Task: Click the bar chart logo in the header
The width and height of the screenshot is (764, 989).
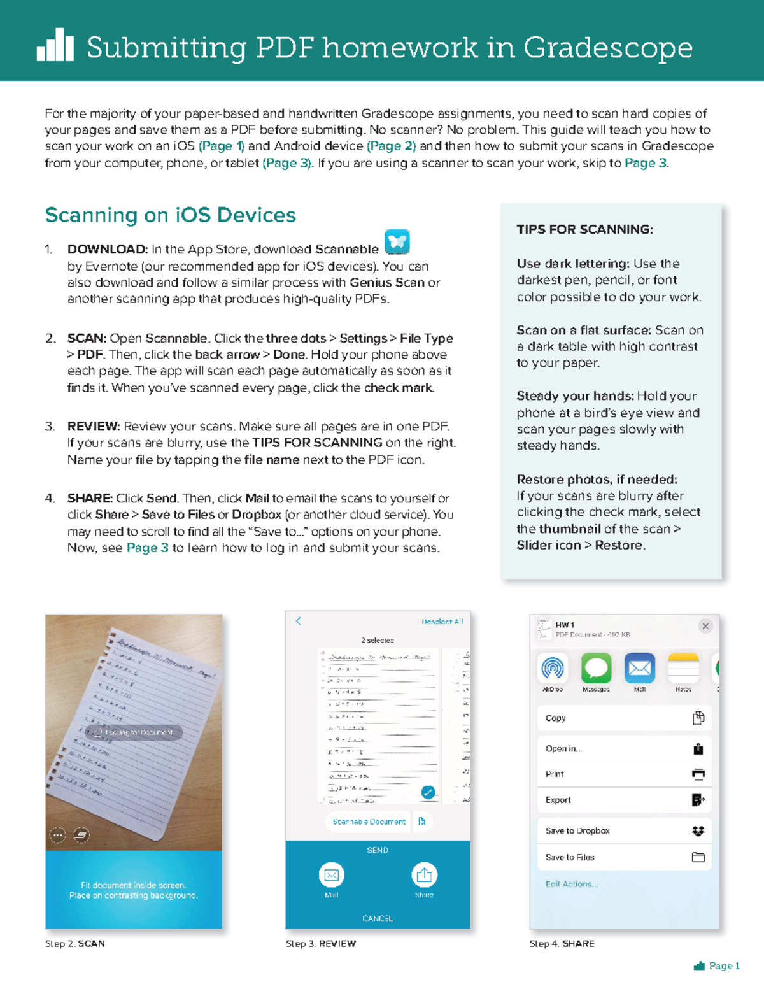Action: tap(55, 45)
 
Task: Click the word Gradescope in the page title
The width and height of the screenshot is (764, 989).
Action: tap(608, 48)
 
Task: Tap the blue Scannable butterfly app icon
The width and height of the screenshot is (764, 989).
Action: tap(397, 242)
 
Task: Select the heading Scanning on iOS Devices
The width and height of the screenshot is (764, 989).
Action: tap(170, 215)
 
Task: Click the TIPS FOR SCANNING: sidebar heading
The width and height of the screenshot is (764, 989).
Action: tap(584, 230)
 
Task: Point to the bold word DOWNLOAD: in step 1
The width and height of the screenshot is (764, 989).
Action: tap(108, 249)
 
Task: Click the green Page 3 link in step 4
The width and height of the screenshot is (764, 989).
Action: tap(147, 548)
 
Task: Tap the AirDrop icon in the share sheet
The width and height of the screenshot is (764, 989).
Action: tap(553, 668)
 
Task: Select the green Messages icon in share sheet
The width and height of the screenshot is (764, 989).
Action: tap(596, 668)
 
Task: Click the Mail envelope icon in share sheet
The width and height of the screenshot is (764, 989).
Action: tap(639, 668)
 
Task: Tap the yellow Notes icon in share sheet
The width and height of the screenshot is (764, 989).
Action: tap(683, 668)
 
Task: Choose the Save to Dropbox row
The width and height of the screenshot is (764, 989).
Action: tap(624, 830)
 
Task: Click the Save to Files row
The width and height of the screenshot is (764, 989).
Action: tap(624, 857)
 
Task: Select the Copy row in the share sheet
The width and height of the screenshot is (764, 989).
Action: tap(624, 718)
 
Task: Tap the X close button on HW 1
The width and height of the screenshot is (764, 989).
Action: tap(705, 626)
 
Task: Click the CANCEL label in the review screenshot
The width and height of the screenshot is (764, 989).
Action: tap(378, 918)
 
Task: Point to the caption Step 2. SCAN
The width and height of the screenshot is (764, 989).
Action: tap(75, 944)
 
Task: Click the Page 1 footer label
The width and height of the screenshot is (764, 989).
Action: tap(724, 966)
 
